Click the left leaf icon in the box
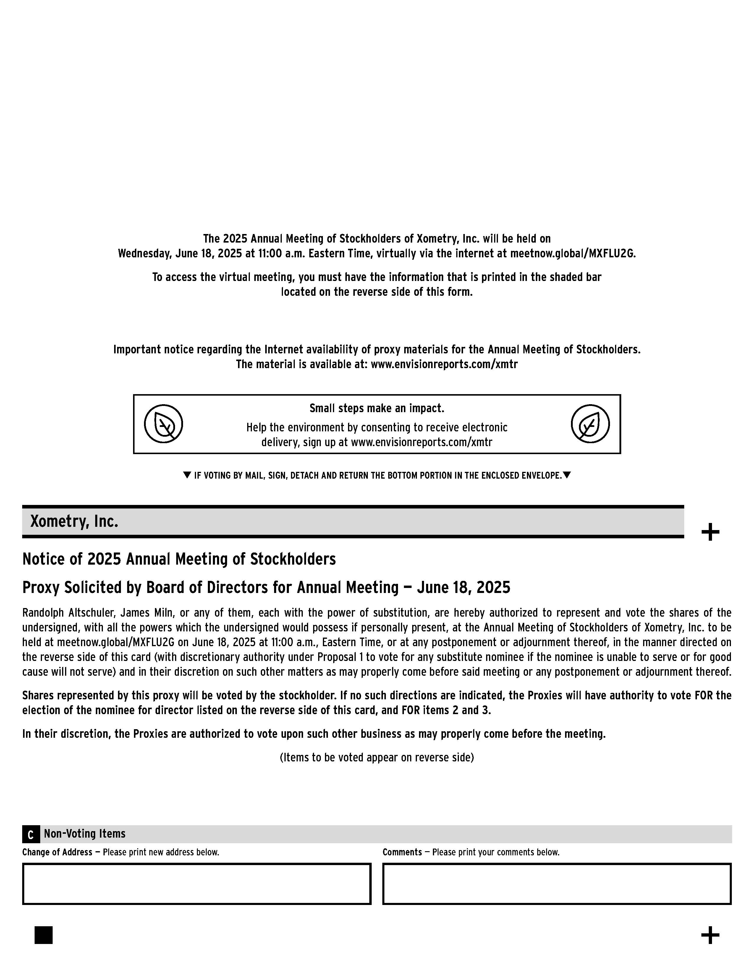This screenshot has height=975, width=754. (164, 424)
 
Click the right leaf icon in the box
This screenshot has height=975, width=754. (590, 424)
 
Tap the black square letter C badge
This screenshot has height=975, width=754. (31, 834)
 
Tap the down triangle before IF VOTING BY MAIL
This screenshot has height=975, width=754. (187, 475)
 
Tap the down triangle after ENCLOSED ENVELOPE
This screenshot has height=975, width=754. (567, 475)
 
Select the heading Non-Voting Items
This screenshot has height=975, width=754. (85, 833)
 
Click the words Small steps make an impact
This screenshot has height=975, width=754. (376, 408)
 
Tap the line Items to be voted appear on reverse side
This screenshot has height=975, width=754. (376, 757)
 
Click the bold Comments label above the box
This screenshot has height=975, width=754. (402, 852)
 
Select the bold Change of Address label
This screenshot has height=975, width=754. (57, 852)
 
